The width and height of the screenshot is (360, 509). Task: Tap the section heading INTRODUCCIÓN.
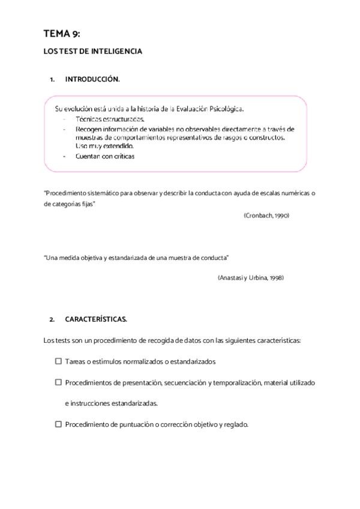pyautogui.click(x=92, y=79)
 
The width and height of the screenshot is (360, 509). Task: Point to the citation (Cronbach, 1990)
pyautogui.click(x=266, y=215)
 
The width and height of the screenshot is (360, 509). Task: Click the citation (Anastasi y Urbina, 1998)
pyautogui.click(x=250, y=278)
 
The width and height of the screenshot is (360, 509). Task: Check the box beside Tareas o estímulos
pyautogui.click(x=58, y=361)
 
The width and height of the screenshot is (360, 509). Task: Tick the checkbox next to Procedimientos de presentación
pyautogui.click(x=58, y=382)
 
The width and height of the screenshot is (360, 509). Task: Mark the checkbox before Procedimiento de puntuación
pyautogui.click(x=58, y=424)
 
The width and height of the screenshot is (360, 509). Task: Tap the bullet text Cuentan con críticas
pyautogui.click(x=105, y=156)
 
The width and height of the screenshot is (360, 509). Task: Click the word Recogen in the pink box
pyautogui.click(x=88, y=128)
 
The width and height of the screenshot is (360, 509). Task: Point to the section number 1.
pyautogui.click(x=52, y=79)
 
